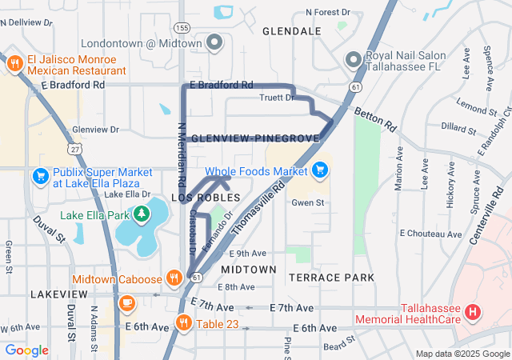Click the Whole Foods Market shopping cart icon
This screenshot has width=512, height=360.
click(x=320, y=170)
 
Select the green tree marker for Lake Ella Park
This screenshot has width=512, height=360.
click(x=142, y=214)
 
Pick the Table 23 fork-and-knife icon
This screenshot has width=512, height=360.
click(x=184, y=323)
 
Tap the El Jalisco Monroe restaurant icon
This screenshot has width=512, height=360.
click(x=14, y=64)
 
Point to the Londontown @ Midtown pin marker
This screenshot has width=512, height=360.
click(x=214, y=42)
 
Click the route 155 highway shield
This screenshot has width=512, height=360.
click(x=182, y=27)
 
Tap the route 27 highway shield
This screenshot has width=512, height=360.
click(x=74, y=150)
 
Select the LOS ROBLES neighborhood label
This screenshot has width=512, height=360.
click(x=204, y=197)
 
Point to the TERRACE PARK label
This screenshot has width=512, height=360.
click(x=331, y=278)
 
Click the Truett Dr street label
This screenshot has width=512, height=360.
click(x=277, y=98)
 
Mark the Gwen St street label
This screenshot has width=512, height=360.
click(x=307, y=203)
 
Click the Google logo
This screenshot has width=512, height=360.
click(x=26, y=350)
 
